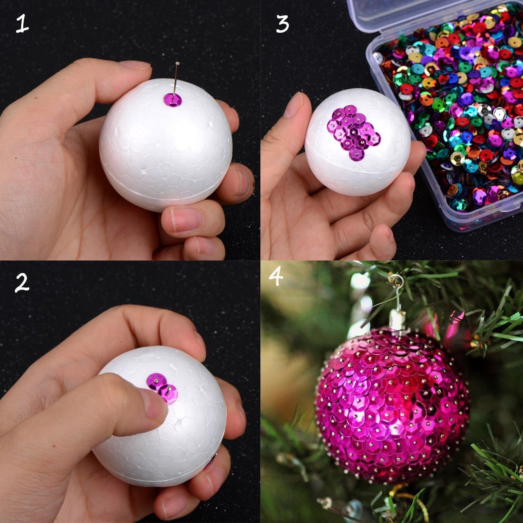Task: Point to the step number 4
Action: (x=276, y=277)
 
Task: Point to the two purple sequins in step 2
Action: (x=161, y=387)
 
